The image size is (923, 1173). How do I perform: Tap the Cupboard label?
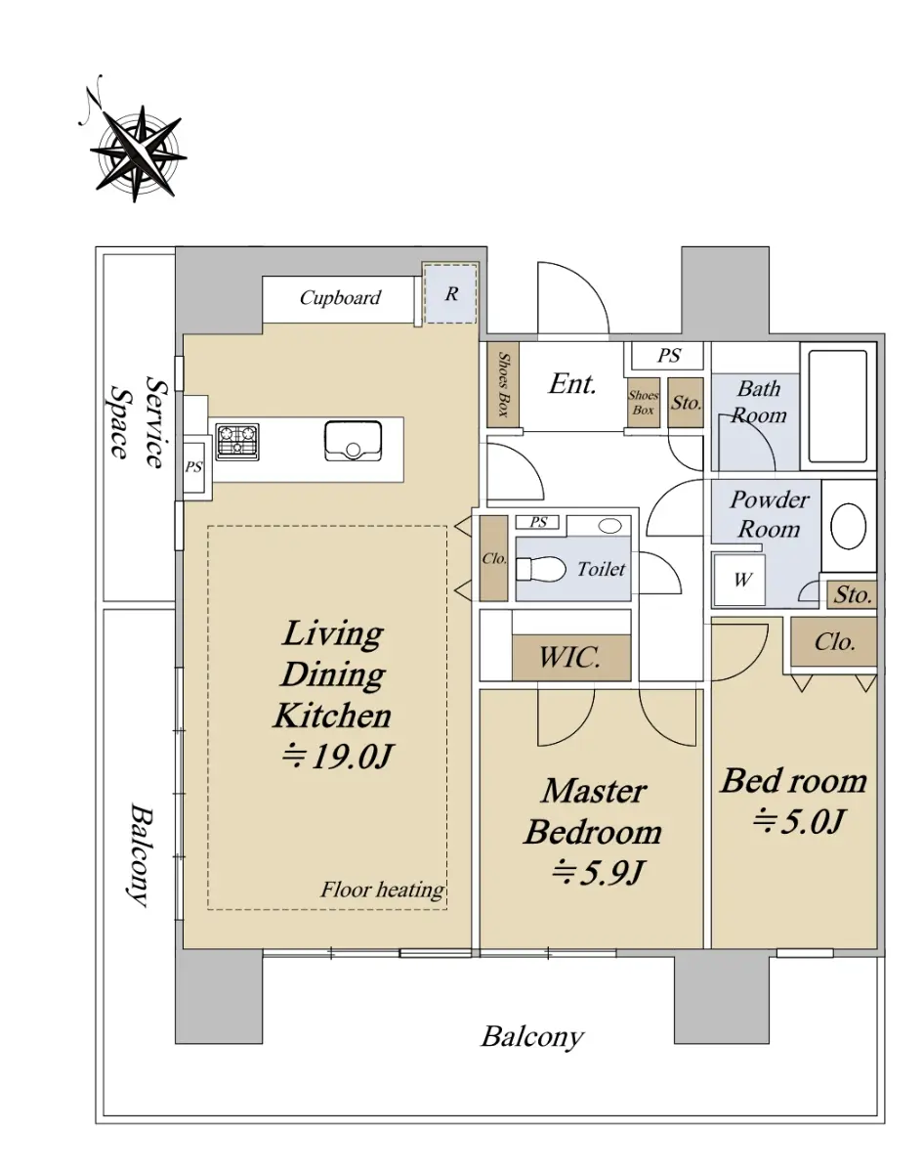tap(340, 297)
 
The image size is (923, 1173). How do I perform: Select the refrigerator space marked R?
tap(450, 294)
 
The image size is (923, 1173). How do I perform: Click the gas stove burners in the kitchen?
tap(237, 442)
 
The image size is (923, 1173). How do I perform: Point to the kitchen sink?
tap(353, 441)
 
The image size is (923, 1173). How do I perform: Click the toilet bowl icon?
tap(540, 569)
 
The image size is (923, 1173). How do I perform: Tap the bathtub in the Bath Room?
tap(837, 406)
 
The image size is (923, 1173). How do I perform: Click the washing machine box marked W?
tap(739, 580)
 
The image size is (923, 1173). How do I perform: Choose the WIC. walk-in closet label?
tap(570, 657)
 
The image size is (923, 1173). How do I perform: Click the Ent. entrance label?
tap(572, 384)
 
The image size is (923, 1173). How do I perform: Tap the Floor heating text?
tap(382, 890)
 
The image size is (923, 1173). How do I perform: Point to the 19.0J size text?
tap(337, 756)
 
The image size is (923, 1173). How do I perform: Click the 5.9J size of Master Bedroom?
tap(599, 872)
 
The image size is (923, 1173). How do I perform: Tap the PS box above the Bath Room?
tap(668, 356)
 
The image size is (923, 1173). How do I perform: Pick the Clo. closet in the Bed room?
tap(834, 641)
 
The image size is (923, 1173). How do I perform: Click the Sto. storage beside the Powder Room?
tap(852, 594)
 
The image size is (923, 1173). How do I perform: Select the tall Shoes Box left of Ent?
tap(503, 385)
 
